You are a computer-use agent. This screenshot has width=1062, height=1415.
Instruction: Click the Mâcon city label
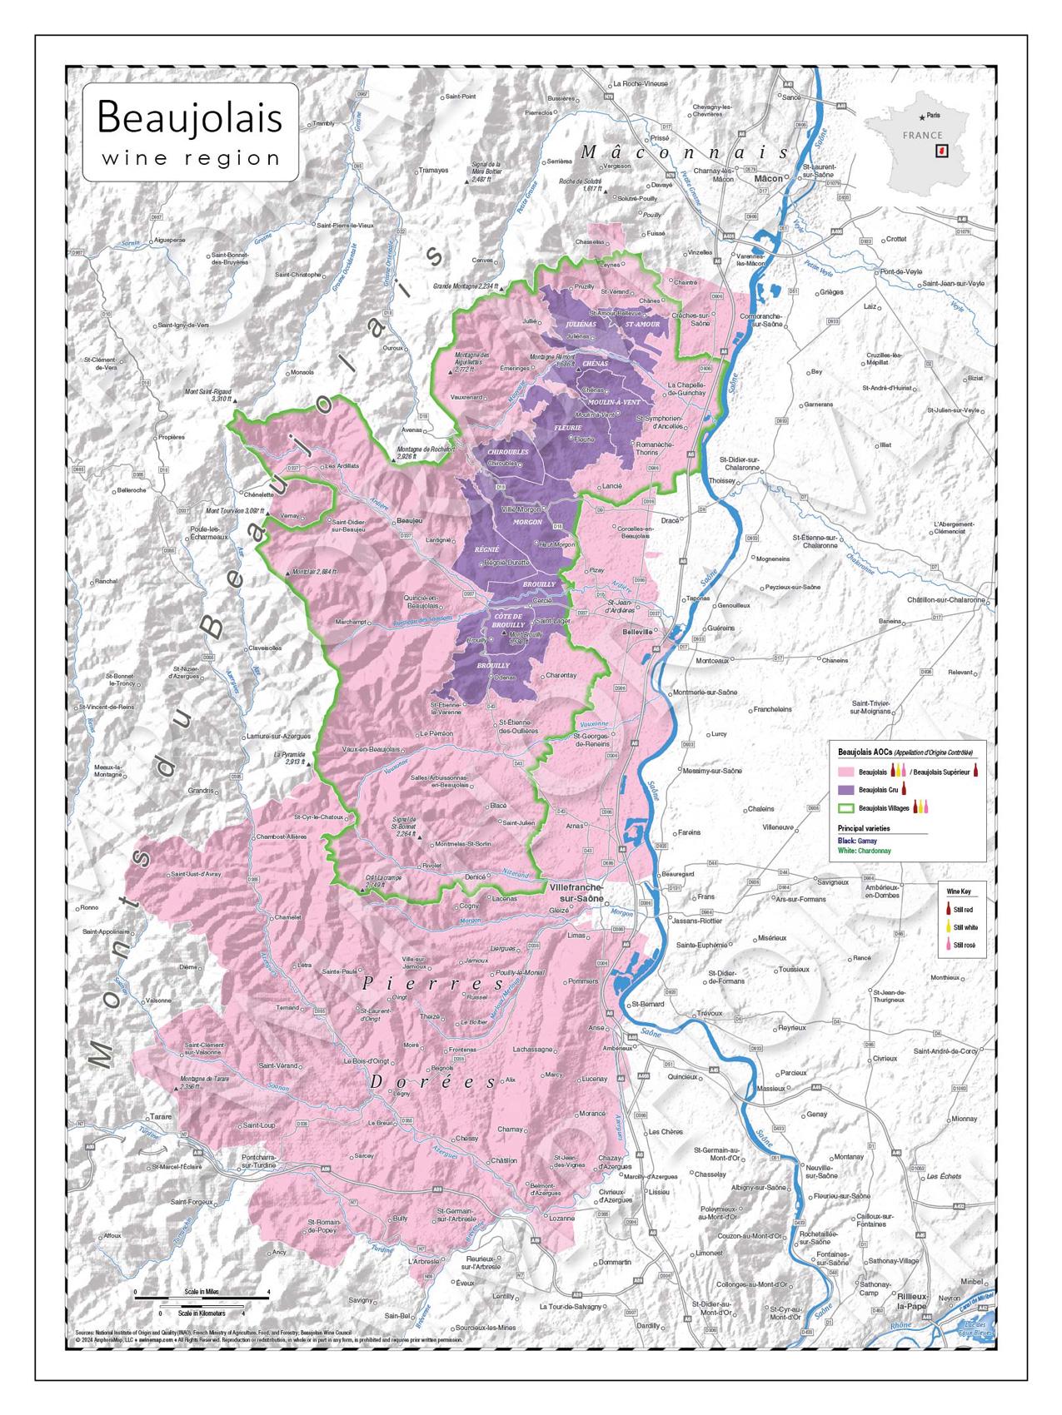point(768,178)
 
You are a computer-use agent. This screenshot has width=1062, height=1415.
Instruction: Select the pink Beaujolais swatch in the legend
point(846,772)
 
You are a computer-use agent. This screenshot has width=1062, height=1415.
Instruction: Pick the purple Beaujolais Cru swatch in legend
point(846,789)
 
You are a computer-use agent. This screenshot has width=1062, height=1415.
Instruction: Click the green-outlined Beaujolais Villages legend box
point(846,807)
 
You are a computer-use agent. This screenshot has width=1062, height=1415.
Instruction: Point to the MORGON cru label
point(528,522)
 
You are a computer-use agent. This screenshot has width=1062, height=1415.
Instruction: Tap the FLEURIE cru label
point(567,428)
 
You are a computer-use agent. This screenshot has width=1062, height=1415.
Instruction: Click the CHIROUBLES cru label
point(508,452)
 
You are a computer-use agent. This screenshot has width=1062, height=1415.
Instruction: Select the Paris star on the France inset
point(920,117)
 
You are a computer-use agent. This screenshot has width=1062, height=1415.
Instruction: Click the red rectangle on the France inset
point(942,151)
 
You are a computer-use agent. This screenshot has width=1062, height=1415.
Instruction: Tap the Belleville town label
point(637,632)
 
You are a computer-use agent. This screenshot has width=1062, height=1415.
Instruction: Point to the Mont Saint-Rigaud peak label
point(209,395)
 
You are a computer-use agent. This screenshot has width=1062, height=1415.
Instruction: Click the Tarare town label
point(160,1115)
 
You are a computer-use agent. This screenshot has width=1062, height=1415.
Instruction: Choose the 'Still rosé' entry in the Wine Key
point(964,945)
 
